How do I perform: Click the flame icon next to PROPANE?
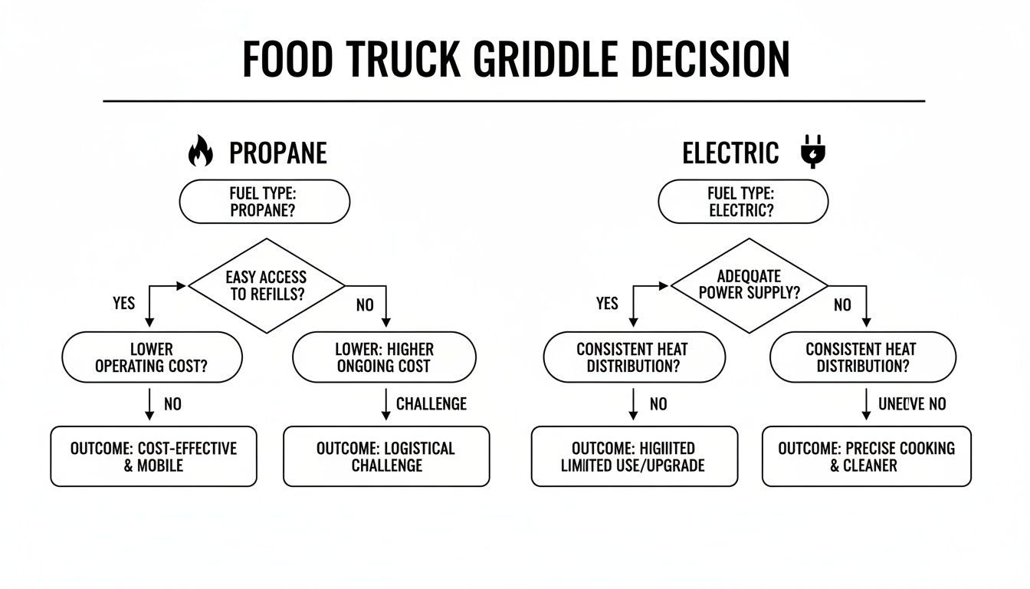click(x=200, y=151)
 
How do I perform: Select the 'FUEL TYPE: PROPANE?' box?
click(x=264, y=202)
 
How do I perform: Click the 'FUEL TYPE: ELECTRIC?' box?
click(x=743, y=202)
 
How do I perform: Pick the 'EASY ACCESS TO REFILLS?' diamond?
click(x=266, y=286)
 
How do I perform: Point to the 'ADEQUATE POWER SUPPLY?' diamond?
click(x=749, y=285)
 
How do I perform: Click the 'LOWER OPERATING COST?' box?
click(x=152, y=357)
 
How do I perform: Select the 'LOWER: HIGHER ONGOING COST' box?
click(x=385, y=357)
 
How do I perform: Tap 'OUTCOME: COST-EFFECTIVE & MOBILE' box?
click(x=153, y=456)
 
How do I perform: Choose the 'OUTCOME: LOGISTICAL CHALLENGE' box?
click(x=386, y=456)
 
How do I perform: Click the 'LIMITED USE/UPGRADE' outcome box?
click(x=634, y=456)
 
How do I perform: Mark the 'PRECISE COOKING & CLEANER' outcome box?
click(x=866, y=456)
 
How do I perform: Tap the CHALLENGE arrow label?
click(x=431, y=403)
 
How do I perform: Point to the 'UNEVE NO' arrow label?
click(x=912, y=403)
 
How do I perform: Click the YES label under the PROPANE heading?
click(x=123, y=304)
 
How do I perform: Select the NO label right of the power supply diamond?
click(x=842, y=305)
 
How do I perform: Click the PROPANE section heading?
click(x=277, y=153)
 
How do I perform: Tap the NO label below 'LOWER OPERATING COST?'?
click(x=172, y=403)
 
